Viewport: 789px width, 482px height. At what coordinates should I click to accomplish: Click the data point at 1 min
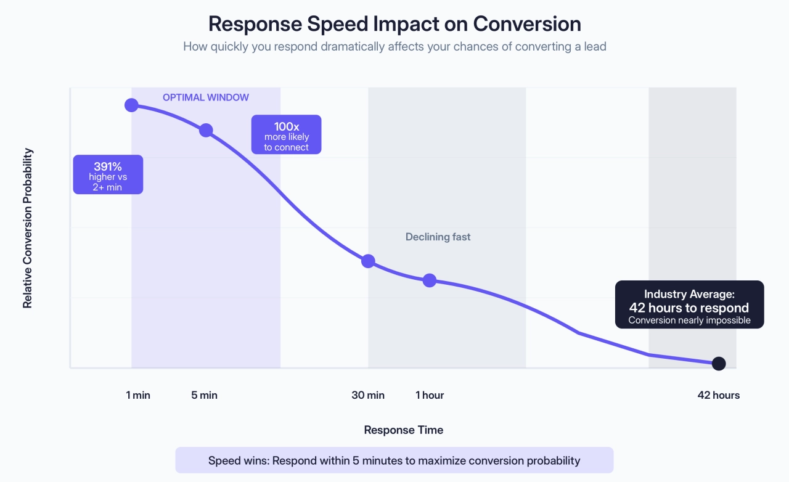[131, 105]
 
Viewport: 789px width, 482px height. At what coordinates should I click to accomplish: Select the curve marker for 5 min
[206, 130]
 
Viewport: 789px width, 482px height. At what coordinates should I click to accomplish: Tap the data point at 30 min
[368, 261]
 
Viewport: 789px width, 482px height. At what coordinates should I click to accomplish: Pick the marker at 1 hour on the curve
[430, 280]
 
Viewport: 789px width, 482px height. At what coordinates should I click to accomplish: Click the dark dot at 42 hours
[719, 364]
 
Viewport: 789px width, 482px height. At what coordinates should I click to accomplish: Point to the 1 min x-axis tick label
[138, 395]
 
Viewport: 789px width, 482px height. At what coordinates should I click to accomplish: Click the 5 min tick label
[205, 395]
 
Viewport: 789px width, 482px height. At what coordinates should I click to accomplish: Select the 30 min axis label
[368, 395]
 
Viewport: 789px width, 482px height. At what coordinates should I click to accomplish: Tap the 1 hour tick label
[430, 395]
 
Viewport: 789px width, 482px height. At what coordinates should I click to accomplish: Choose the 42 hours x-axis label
[719, 395]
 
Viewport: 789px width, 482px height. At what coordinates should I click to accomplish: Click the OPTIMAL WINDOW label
[206, 97]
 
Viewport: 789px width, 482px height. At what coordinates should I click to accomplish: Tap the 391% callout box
[108, 174]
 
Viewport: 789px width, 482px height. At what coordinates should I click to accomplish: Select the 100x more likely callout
[286, 134]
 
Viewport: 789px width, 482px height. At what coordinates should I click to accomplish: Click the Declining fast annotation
[438, 237]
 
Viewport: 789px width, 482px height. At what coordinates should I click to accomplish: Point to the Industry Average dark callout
[689, 304]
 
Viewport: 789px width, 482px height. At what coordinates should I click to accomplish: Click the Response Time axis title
[403, 430]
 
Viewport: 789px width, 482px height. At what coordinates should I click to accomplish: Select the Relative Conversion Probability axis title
[28, 228]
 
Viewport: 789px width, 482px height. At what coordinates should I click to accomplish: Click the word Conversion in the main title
[527, 23]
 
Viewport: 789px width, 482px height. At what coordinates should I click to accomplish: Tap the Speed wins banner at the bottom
[394, 460]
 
